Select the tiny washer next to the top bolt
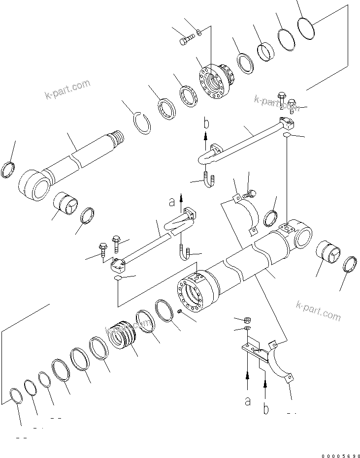[x=198, y=33]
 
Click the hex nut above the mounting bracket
[x=247, y=320]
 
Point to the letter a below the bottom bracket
[x=247, y=401]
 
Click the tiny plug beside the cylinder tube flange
[x=181, y=312]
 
